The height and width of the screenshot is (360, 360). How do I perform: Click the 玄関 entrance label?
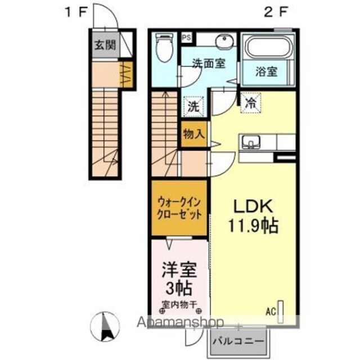pyautogui.click(x=105, y=45)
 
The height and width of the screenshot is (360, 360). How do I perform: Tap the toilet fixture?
pyautogui.click(x=164, y=48)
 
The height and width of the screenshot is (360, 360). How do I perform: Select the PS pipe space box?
pyautogui.click(x=187, y=38)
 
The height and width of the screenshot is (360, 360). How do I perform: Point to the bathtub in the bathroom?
pyautogui.click(x=269, y=47)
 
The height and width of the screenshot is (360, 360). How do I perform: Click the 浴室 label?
pyautogui.click(x=267, y=71)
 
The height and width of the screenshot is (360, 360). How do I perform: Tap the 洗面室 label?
pyautogui.click(x=209, y=63)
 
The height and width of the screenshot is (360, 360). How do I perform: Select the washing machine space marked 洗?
pyautogui.click(x=193, y=106)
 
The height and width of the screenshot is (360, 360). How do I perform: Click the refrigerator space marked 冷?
pyautogui.click(x=250, y=103)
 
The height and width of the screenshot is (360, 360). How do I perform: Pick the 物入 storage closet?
pyautogui.click(x=194, y=134)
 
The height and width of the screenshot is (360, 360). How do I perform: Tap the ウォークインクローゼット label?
pyautogui.click(x=179, y=209)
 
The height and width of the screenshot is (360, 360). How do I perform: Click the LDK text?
pyautogui.click(x=253, y=206)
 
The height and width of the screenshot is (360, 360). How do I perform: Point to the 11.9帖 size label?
pyautogui.click(x=253, y=226)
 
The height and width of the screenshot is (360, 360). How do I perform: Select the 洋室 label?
pyautogui.click(x=179, y=269)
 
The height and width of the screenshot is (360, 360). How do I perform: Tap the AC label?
pyautogui.click(x=271, y=312)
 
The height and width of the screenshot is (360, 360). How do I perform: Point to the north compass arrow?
pyautogui.click(x=105, y=326)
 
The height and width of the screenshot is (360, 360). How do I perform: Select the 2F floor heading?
pyautogui.click(x=276, y=12)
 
